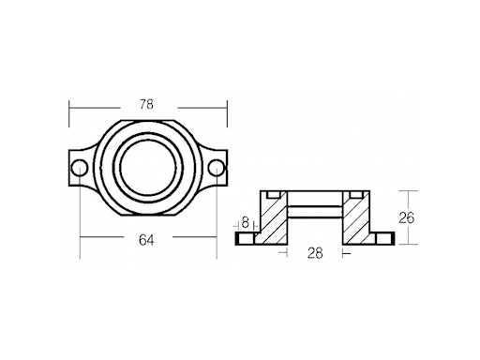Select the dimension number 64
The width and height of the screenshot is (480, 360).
coord(146,240)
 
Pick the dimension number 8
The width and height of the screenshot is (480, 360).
coord(246,223)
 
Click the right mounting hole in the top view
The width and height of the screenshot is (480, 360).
coord(216,169)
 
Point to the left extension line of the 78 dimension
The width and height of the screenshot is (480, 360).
coord(69,117)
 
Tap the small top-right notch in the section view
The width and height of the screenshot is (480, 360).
coord(355,194)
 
